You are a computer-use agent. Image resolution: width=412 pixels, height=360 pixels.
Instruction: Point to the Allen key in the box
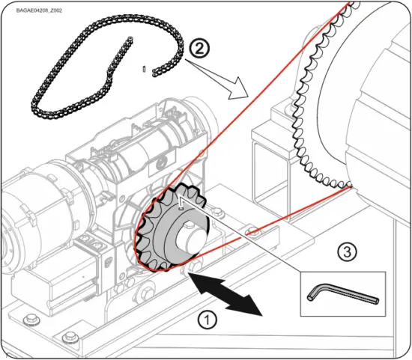coord(341,294)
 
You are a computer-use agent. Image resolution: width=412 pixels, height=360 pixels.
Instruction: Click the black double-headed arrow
coord(225,294)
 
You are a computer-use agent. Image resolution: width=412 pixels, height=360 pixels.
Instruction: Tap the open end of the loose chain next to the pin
coord(154,72)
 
